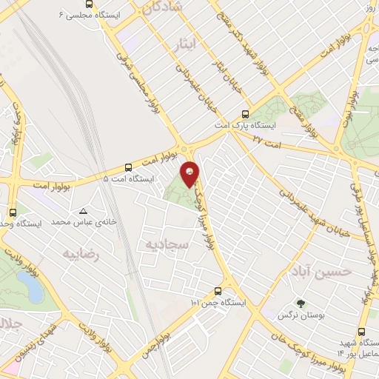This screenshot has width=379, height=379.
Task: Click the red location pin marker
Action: [191, 174]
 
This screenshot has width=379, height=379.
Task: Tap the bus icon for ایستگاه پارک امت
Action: [245, 115]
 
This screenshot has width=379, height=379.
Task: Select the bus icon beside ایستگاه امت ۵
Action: [129, 167]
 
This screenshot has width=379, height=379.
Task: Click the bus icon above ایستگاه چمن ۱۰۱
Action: [218, 291]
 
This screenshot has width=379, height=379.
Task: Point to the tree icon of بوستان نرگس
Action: [300, 303]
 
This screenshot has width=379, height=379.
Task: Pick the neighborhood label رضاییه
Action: [80, 254]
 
